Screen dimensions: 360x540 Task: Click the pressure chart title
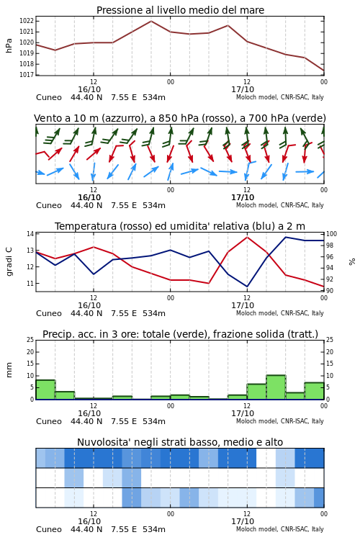(x=180, y=10)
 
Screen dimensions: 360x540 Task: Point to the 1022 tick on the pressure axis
(x=27, y=21)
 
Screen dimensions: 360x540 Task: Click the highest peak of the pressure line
(x=151, y=21)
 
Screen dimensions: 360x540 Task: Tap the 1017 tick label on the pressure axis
(x=27, y=75)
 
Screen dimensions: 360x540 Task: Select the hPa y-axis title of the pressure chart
(x=9, y=46)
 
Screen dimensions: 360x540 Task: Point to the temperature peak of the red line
(x=247, y=237)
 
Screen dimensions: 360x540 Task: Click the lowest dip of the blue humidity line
(x=247, y=286)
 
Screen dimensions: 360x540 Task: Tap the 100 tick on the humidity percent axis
(x=331, y=234)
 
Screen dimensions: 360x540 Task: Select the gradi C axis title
(x=9, y=261)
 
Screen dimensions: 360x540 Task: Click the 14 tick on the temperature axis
(x=30, y=234)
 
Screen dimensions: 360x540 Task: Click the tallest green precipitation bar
(x=276, y=387)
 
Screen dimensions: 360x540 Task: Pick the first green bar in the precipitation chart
(x=45, y=390)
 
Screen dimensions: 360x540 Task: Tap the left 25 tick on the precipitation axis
(x=30, y=340)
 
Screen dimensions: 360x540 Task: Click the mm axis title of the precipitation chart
(x=9, y=369)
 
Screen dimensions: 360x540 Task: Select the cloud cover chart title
(x=180, y=442)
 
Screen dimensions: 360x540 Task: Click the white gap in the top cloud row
(x=266, y=458)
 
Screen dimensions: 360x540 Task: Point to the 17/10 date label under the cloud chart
(x=243, y=521)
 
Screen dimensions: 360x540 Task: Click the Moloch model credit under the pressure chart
(x=280, y=97)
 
